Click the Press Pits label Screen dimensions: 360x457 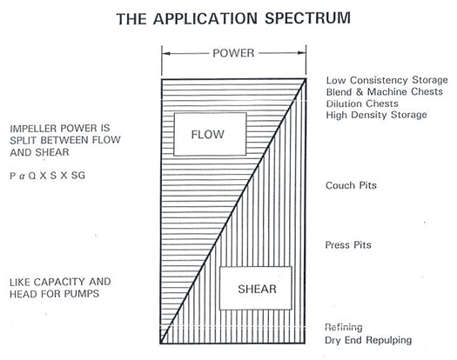tap(347, 245)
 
